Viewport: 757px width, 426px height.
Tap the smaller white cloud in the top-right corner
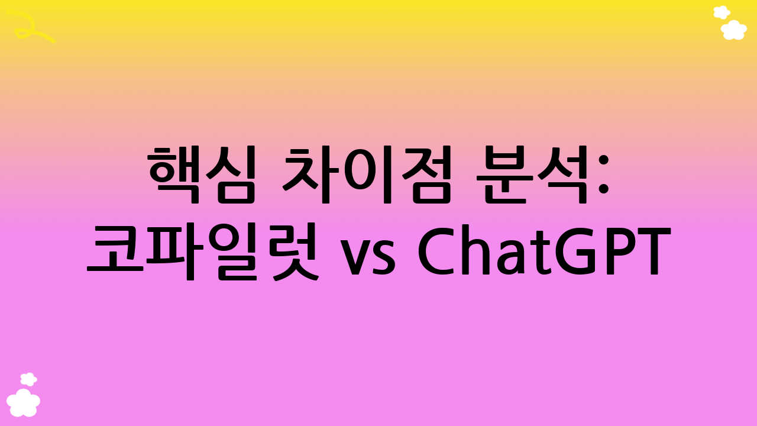[722, 12]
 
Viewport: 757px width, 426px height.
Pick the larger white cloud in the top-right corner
[734, 30]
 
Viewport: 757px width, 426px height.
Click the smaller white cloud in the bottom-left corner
[28, 379]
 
